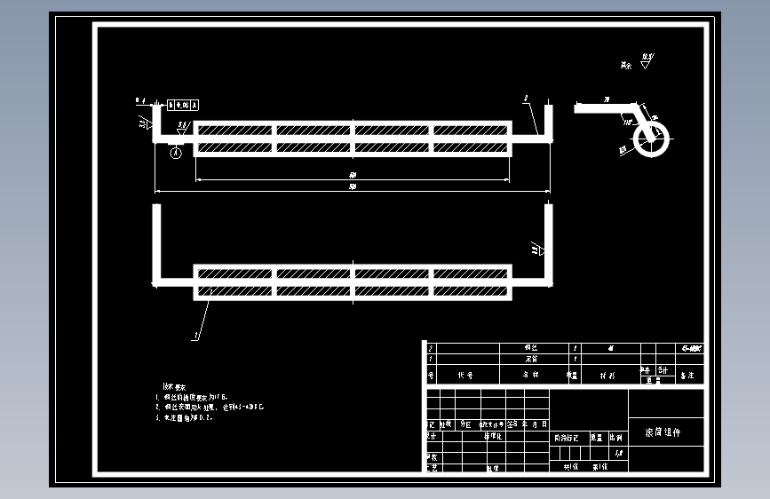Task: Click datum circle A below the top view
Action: [176, 152]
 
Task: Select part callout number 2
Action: [526, 99]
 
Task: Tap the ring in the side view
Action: [654, 139]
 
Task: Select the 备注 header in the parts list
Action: [686, 376]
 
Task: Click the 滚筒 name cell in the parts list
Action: [531, 359]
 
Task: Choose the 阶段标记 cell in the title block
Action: [567, 438]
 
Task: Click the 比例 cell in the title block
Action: [615, 438]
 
